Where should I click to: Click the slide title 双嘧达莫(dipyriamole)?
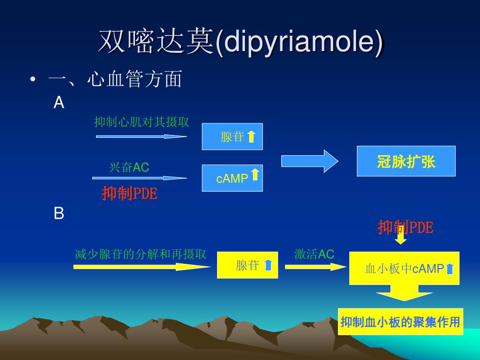[240, 42]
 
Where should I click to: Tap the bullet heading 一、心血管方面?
[115, 80]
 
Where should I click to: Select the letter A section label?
[59, 103]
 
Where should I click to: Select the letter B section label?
[59, 214]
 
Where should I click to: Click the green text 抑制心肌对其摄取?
[142, 122]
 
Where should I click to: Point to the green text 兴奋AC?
[129, 167]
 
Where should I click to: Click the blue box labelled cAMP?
[232, 178]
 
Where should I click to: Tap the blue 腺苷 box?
[232, 137]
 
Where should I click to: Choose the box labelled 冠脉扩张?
[406, 161]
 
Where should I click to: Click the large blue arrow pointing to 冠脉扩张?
[309, 161]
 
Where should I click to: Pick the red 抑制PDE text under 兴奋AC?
[129, 194]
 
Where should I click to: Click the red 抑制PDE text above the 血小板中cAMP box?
[405, 228]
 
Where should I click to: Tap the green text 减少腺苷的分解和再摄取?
[141, 255]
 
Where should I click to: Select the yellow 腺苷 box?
[247, 265]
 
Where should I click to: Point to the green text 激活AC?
[314, 255]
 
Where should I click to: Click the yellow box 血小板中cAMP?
[404, 269]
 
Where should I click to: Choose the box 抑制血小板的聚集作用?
[400, 322]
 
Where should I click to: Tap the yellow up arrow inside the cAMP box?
[255, 175]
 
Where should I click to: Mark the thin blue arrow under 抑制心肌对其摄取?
[141, 136]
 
